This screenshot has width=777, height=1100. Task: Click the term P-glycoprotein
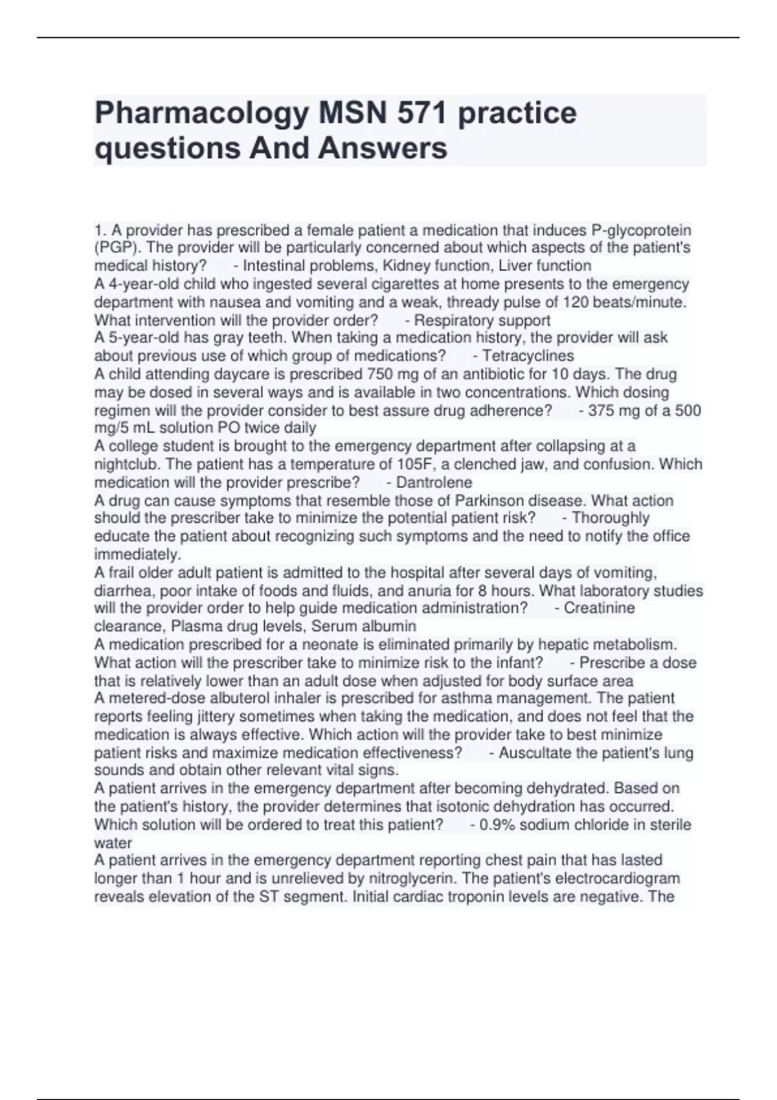pos(641,230)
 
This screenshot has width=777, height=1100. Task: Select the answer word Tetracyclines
pos(528,356)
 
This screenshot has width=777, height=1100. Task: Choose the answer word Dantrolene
pos(434,483)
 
